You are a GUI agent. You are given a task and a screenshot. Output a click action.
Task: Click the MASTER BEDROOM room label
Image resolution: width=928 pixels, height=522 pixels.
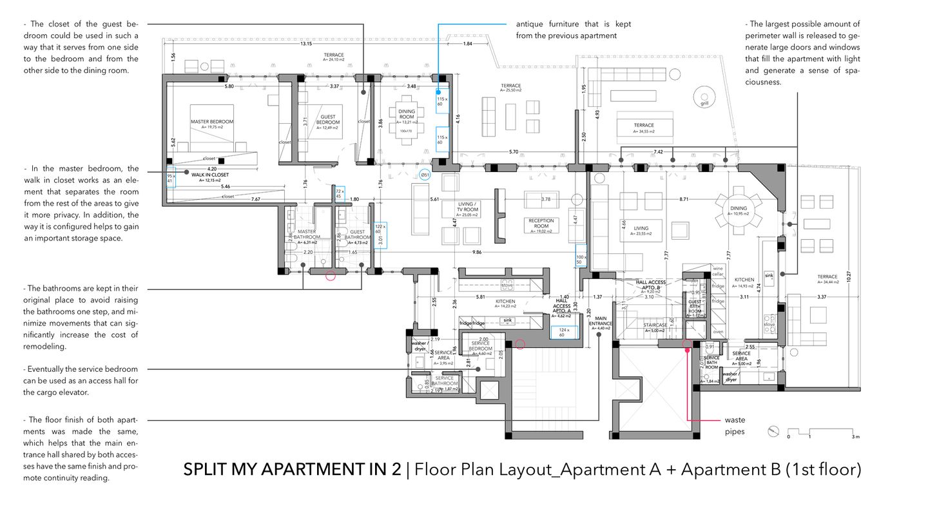pos(211,122)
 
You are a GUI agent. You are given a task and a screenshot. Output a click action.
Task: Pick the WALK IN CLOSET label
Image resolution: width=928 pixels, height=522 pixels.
pos(209,175)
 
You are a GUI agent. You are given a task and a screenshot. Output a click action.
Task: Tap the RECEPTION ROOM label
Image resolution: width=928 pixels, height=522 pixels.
pos(541,224)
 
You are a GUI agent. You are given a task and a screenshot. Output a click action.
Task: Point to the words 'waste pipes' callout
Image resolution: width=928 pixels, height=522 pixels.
pos(735,426)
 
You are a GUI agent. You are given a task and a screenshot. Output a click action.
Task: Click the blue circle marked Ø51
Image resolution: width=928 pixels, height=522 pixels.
pos(425,174)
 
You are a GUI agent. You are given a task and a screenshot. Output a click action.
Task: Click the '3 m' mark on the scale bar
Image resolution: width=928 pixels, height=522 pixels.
pos(855,437)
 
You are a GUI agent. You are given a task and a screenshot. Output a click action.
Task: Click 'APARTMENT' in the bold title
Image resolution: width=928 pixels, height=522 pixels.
pos(318,469)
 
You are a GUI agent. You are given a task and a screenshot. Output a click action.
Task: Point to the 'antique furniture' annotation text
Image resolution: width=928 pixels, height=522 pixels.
pos(573,30)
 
